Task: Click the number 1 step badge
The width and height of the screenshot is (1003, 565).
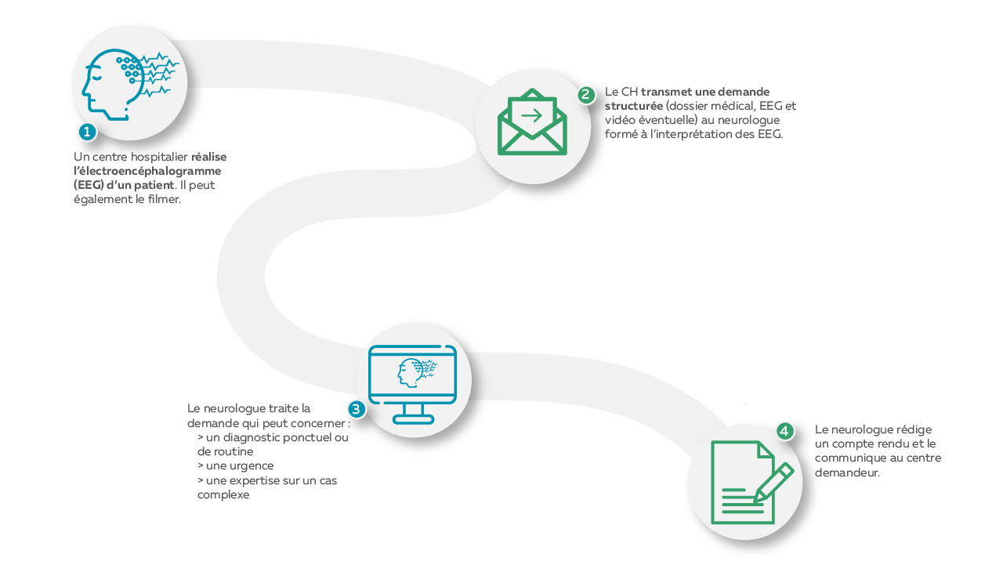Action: click(87, 132)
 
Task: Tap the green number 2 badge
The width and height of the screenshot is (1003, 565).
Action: click(586, 95)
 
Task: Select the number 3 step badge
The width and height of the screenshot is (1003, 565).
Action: click(357, 409)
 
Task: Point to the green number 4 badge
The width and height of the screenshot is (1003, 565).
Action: click(784, 432)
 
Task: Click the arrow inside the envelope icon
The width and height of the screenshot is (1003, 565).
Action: click(532, 116)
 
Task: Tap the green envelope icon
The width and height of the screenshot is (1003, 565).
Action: click(532, 121)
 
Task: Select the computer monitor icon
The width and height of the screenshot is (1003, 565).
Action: click(412, 384)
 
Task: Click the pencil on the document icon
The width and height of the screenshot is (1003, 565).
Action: click(773, 483)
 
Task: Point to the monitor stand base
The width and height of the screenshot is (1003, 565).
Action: click(413, 419)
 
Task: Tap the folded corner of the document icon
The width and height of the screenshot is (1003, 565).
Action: click(766, 450)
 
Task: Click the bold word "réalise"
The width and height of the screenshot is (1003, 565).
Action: click(208, 157)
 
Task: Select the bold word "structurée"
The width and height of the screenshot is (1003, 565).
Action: click(634, 106)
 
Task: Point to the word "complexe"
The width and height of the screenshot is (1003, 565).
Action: click(223, 494)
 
